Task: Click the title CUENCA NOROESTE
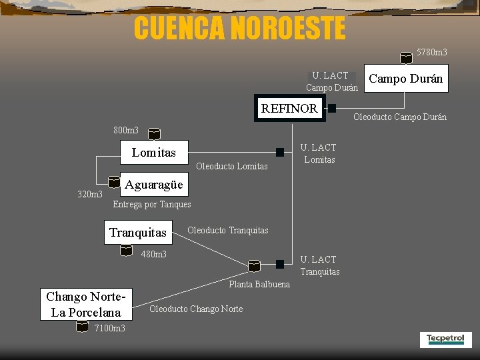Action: coord(239,28)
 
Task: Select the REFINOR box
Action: coord(289,109)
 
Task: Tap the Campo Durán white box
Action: coord(405,79)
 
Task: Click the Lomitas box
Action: coord(153,153)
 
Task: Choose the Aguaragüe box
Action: coord(153,185)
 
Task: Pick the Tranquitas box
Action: coord(138,232)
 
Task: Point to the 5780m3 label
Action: coord(432,52)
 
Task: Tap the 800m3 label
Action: coord(126,131)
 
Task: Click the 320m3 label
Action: coord(90,195)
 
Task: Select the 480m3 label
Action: coord(154,254)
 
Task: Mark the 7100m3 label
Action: coord(110,328)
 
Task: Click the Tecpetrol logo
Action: coord(446,339)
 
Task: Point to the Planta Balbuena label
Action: coord(259,285)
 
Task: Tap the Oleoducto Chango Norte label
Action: coord(196,309)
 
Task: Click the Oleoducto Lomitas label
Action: coord(233,166)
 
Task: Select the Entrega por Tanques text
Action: coord(152,205)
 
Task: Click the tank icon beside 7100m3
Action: coord(81,327)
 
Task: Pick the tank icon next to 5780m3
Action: coord(405,58)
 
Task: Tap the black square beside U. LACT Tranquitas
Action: coord(281,264)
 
